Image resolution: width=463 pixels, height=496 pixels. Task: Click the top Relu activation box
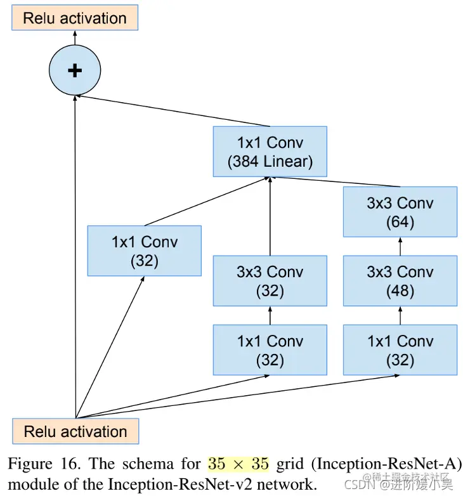75,18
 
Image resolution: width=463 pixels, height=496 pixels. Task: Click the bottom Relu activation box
75,431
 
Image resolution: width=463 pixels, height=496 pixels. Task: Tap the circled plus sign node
75,70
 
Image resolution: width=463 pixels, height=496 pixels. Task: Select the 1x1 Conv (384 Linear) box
270,152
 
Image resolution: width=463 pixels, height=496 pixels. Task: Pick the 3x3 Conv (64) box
400,212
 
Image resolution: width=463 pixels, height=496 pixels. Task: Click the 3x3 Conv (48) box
400,281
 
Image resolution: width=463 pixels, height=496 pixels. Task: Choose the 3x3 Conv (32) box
270,281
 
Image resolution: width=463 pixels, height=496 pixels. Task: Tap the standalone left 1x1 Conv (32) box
144,251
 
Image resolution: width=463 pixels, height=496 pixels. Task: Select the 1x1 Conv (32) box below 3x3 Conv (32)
270,349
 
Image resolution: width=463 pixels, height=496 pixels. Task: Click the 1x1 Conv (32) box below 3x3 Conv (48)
400,349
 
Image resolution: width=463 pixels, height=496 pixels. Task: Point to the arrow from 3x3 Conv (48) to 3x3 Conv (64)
400,246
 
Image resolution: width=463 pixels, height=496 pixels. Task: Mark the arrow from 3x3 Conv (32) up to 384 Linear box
270,216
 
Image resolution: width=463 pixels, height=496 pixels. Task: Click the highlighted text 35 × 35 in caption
238,464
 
